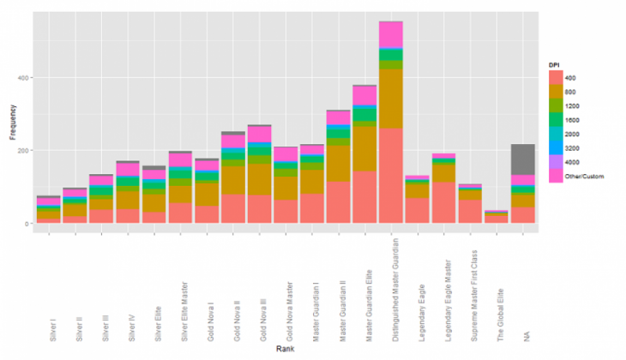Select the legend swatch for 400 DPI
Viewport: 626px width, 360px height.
[x=557, y=78]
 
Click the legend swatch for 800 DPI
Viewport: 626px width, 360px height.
[x=557, y=92]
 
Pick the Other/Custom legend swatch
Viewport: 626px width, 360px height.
[x=557, y=176]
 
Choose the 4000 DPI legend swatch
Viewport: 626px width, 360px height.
[x=557, y=162]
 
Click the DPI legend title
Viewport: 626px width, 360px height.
[x=555, y=64]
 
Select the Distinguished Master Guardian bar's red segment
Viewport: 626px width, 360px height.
[x=391, y=176]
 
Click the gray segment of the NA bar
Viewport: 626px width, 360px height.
[x=524, y=159]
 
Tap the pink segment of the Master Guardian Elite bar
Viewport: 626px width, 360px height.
[x=364, y=93]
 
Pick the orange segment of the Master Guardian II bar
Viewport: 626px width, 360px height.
[x=338, y=163]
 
